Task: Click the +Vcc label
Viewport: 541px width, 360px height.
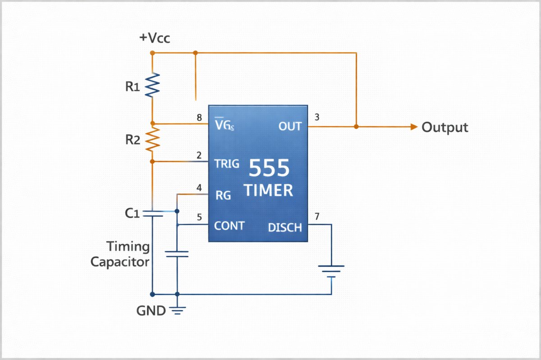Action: tap(155, 39)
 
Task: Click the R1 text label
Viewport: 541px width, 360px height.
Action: tap(133, 87)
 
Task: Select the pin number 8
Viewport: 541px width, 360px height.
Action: tap(199, 118)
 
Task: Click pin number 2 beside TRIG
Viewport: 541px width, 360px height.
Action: tap(199, 156)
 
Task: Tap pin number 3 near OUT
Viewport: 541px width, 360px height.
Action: tap(317, 118)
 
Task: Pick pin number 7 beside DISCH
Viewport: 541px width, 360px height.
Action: tap(317, 217)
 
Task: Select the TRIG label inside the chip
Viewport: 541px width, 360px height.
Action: tap(227, 164)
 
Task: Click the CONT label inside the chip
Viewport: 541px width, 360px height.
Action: tap(229, 225)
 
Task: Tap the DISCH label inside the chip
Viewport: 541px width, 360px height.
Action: tap(285, 228)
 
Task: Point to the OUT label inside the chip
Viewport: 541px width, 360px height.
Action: tap(290, 127)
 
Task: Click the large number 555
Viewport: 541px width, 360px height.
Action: tap(269, 169)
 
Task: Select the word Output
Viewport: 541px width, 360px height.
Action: tap(445, 128)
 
